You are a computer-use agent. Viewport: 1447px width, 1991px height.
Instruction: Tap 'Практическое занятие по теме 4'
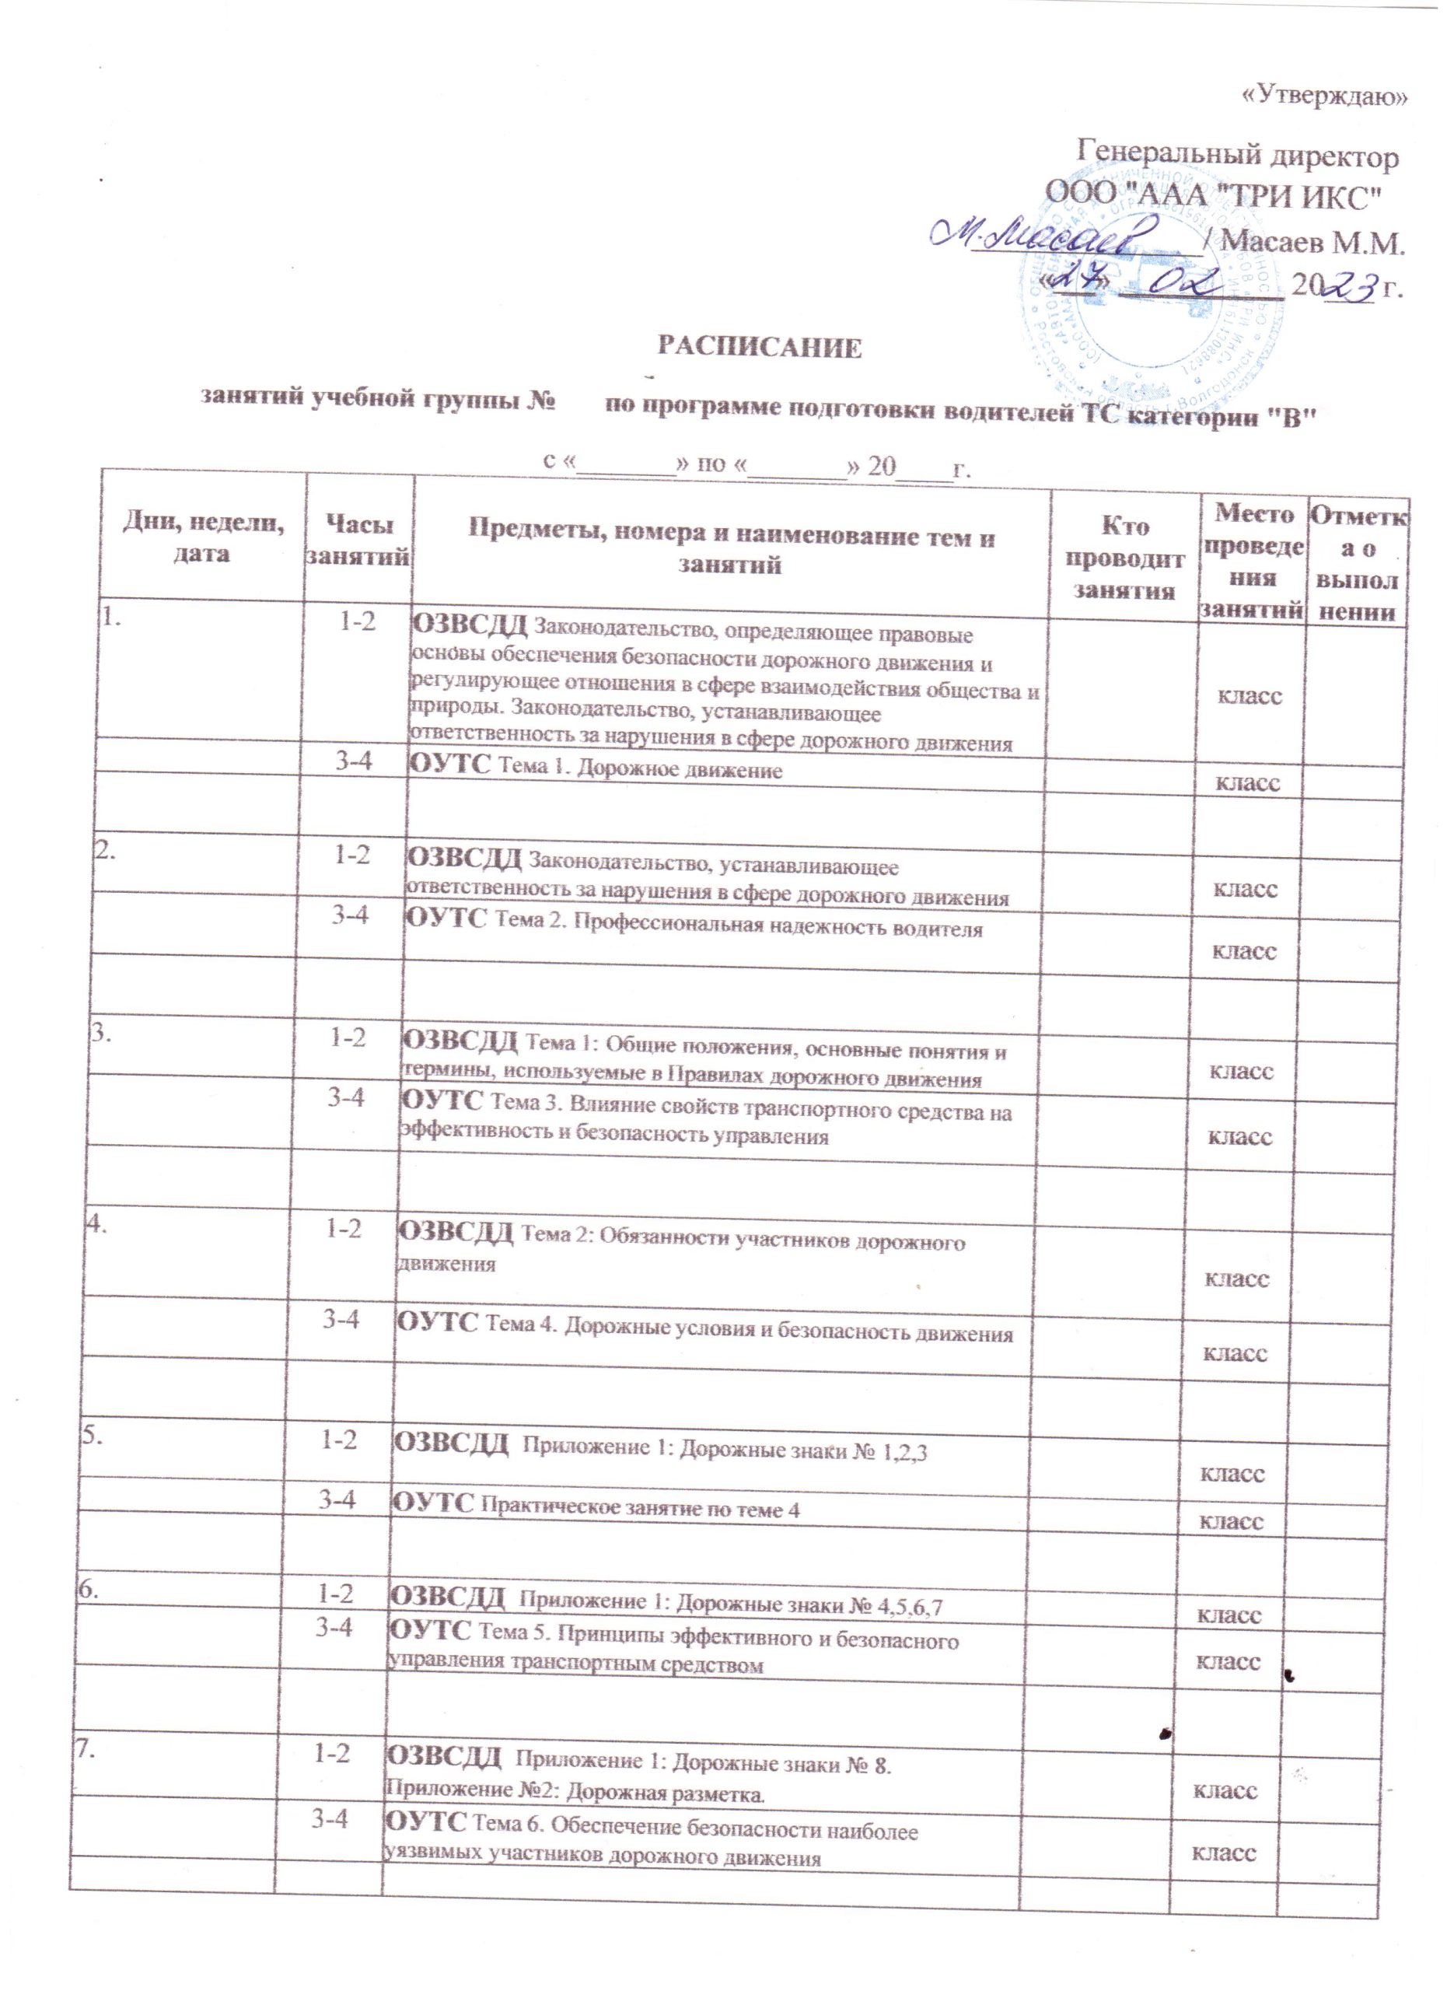tap(641, 1509)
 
